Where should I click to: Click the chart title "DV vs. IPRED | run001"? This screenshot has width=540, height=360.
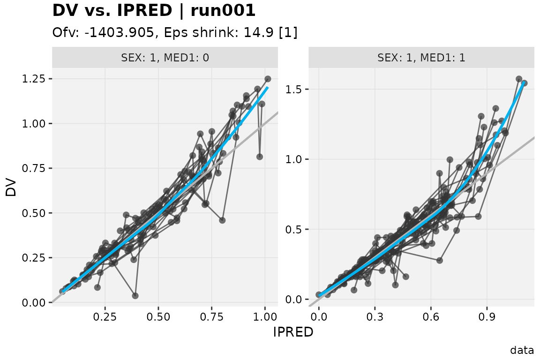click(x=154, y=10)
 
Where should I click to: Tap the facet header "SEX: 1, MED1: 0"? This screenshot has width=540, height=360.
click(x=165, y=58)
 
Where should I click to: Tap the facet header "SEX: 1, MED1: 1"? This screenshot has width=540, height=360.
click(x=421, y=58)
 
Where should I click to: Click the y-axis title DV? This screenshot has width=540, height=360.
click(x=11, y=187)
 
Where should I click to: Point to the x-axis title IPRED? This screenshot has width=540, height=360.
click(x=293, y=332)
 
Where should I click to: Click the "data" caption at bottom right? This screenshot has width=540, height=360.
click(x=522, y=350)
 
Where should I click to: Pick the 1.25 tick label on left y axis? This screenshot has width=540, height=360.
click(x=34, y=79)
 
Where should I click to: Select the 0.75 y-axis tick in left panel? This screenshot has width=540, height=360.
click(x=34, y=168)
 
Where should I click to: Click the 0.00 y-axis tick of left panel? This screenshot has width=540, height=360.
click(x=34, y=302)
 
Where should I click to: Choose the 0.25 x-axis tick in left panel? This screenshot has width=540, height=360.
click(x=105, y=316)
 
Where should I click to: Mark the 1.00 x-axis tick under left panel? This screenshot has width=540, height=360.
click(x=265, y=316)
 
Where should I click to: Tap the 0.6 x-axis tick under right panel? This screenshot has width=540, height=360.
click(x=431, y=316)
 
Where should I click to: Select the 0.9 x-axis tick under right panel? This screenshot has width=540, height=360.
click(x=487, y=316)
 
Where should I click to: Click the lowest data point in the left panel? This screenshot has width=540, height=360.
click(x=135, y=296)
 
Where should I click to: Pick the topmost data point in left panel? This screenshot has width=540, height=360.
click(x=268, y=79)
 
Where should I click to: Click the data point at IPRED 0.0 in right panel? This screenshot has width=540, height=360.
click(x=319, y=294)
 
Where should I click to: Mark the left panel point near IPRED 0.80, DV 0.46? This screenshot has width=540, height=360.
click(x=222, y=220)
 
